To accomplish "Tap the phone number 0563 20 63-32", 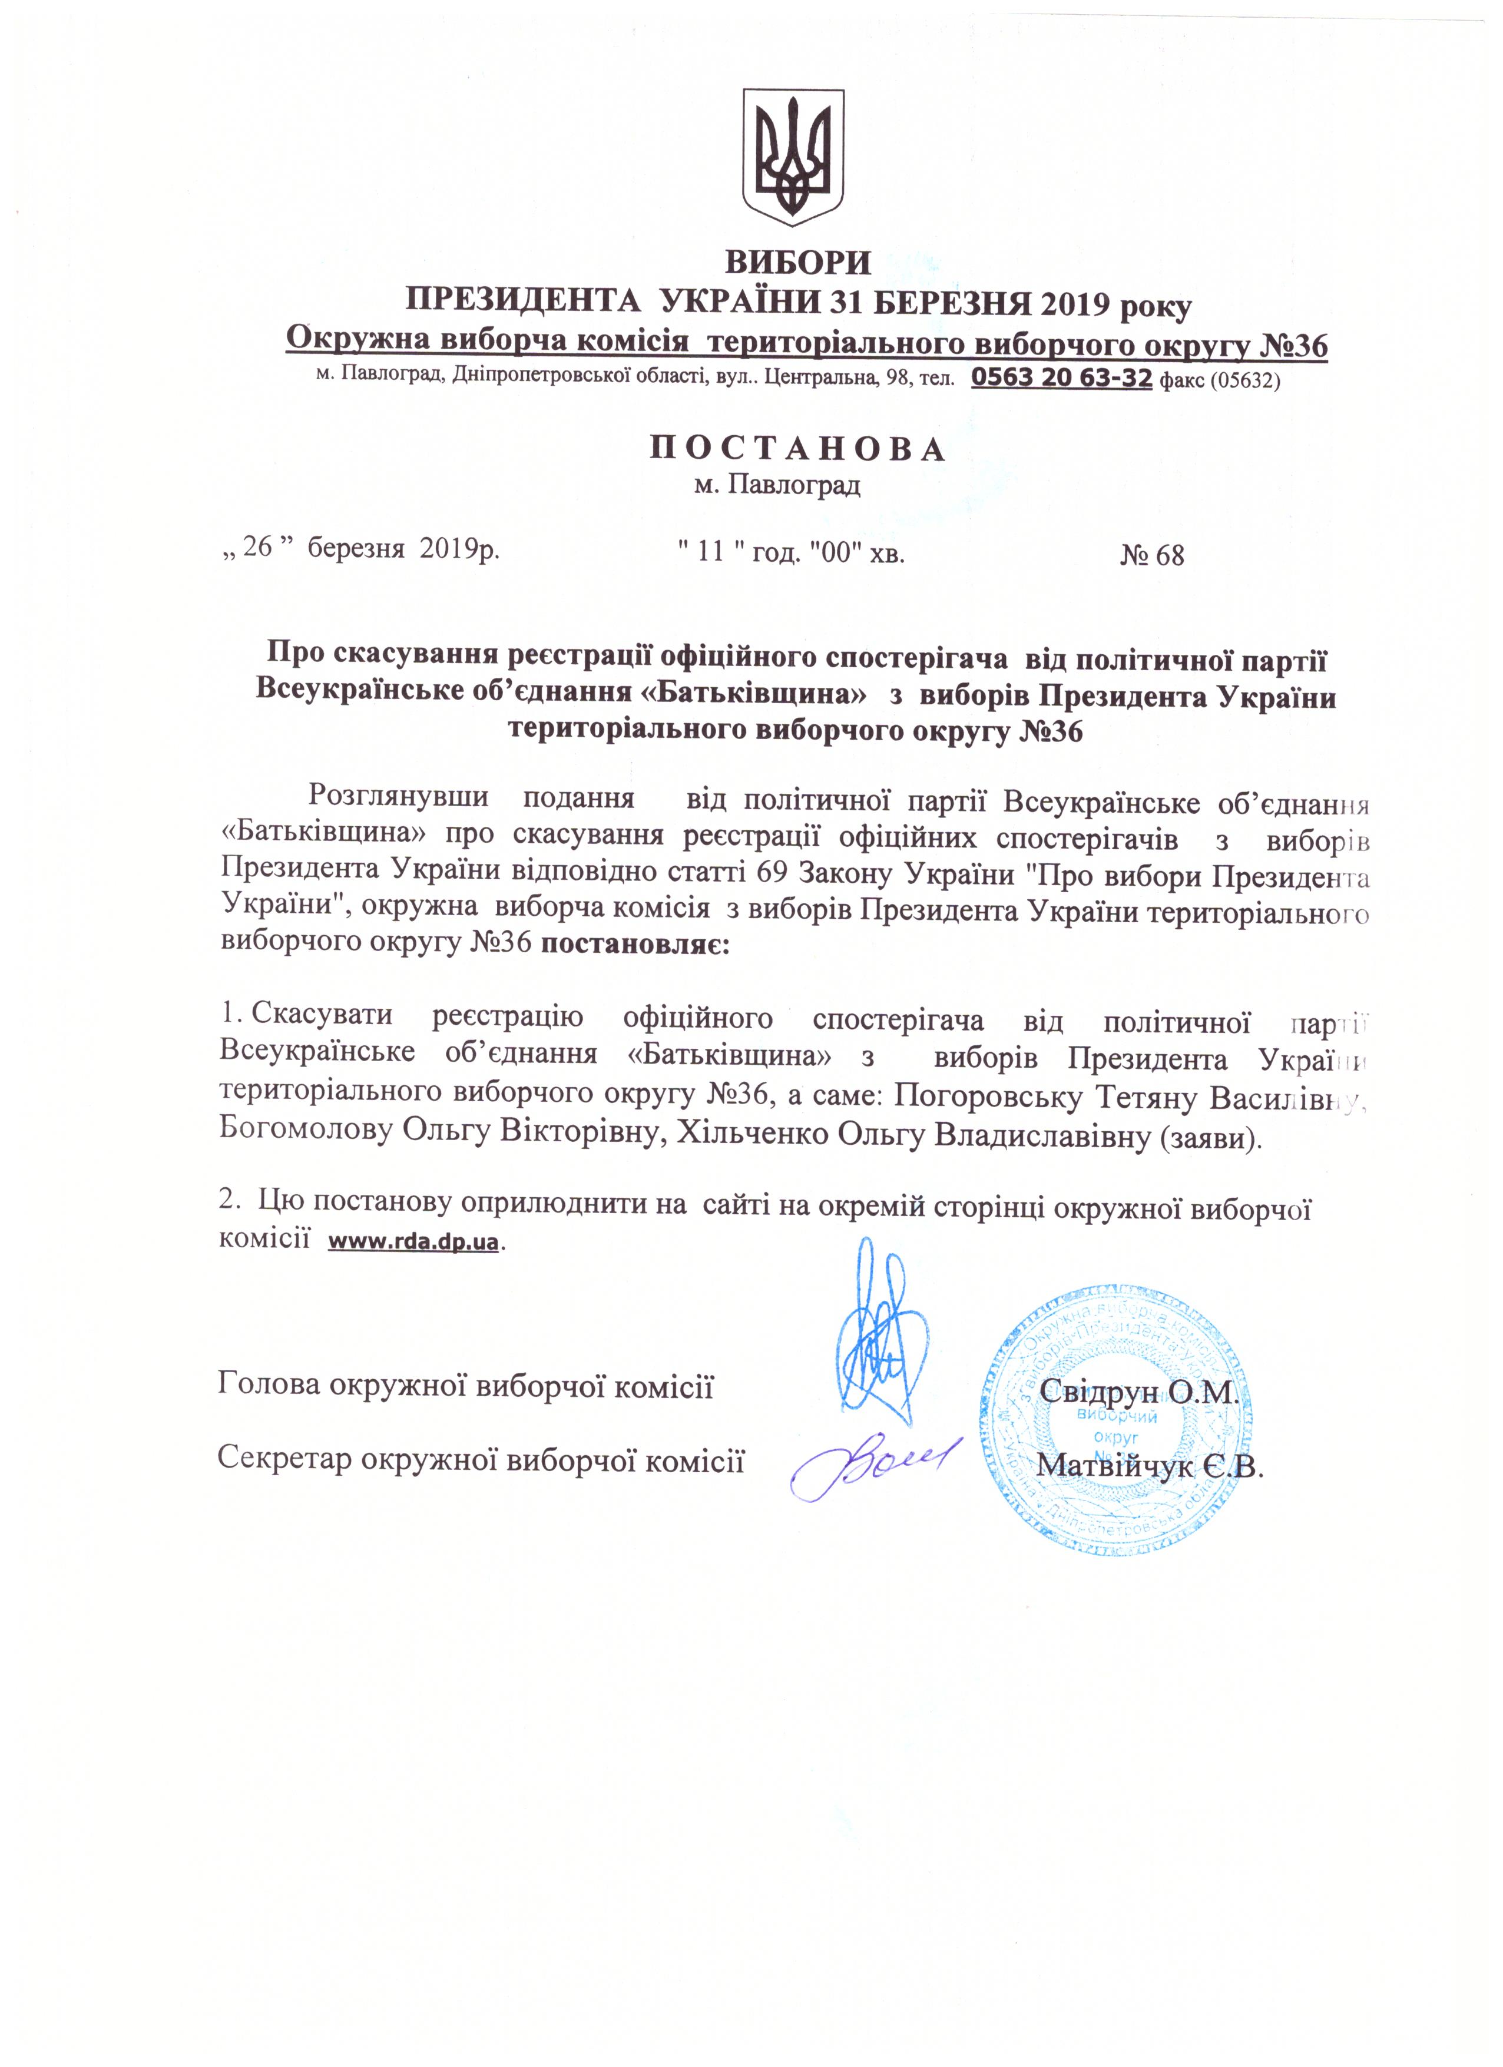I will (1062, 378).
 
